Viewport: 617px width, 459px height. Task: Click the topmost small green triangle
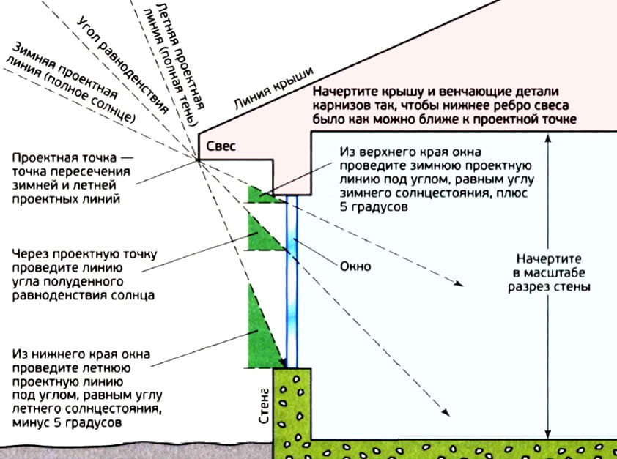pyautogui.click(x=258, y=194)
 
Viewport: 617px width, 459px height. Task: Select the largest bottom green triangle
pyautogui.click(x=264, y=333)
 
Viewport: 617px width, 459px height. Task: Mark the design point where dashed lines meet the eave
pyautogui.click(x=199, y=160)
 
